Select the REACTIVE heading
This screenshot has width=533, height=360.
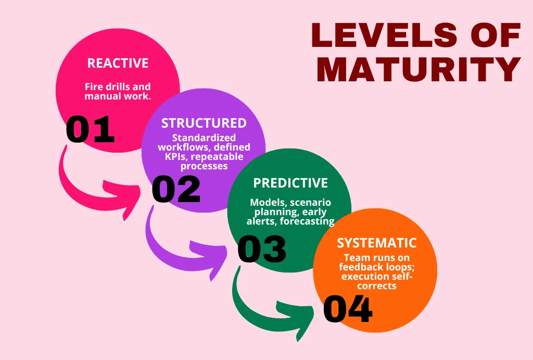[118, 64]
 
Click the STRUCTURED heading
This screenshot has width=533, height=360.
[204, 123]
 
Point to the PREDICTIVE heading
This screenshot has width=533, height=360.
[290, 183]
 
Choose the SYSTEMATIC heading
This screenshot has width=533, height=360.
[377, 243]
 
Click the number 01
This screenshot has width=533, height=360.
[90, 130]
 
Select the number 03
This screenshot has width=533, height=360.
[262, 250]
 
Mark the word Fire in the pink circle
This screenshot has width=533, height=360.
[94, 87]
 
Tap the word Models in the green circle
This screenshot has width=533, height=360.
[266, 202]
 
